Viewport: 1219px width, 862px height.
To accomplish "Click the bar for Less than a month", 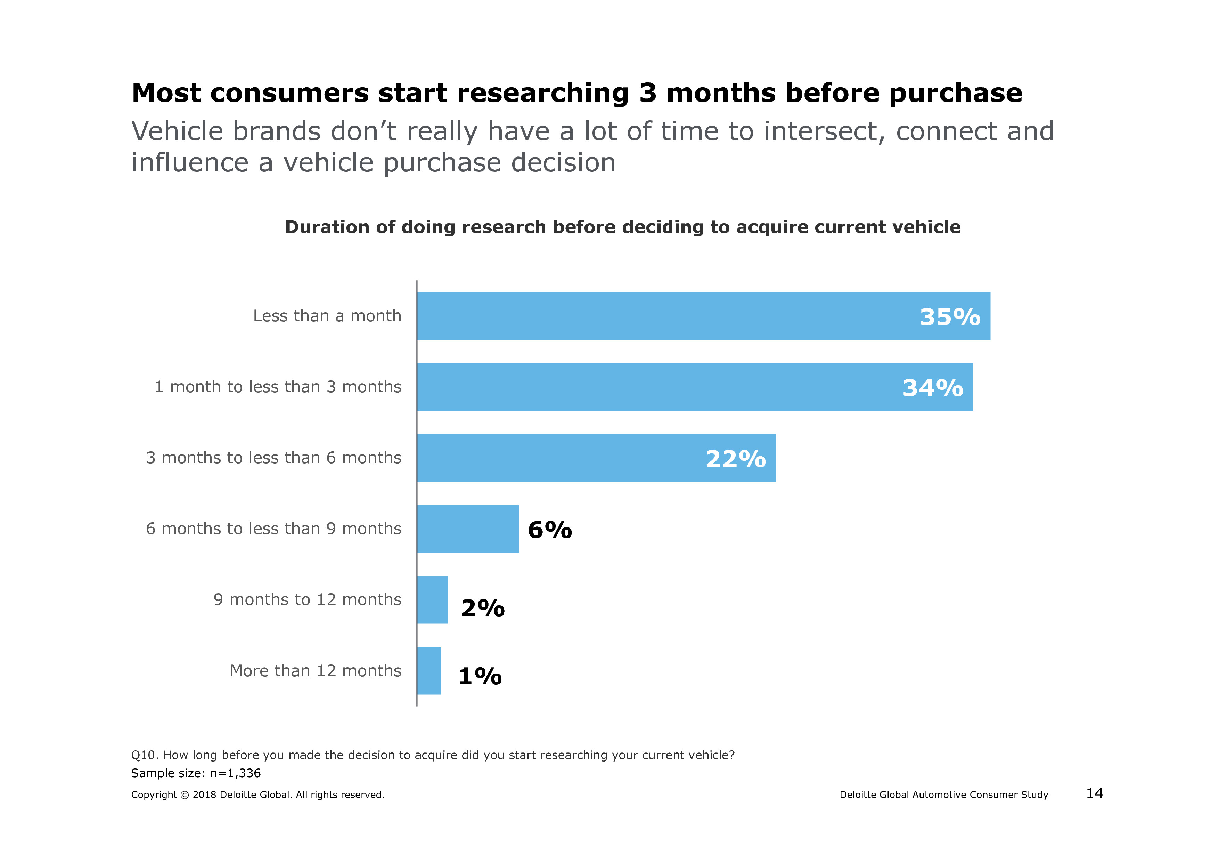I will [x=703, y=316].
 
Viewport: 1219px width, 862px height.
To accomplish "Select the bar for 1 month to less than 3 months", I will [x=694, y=387].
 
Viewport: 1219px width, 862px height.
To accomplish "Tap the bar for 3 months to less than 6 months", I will [x=596, y=458].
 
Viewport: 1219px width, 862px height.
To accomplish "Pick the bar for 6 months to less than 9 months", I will [x=468, y=529].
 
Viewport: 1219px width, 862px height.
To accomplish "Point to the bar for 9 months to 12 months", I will [x=432, y=599].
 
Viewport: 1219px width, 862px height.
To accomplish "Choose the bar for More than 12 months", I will [x=429, y=671].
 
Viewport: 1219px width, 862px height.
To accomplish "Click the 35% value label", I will [x=949, y=317].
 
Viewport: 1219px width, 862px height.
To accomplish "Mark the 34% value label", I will [x=932, y=388].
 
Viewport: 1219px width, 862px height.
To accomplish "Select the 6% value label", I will [x=549, y=530].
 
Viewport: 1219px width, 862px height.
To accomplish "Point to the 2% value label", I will [x=483, y=608].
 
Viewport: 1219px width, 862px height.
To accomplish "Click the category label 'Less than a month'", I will [x=327, y=316].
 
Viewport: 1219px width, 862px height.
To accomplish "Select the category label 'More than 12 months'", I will [x=316, y=671].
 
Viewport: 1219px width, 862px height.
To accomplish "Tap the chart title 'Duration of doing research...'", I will [x=622, y=227].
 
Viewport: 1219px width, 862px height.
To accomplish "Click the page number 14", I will [x=1094, y=793].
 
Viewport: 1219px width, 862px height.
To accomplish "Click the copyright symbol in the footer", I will [x=184, y=795].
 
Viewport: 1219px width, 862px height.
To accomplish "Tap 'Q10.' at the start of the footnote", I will [x=145, y=755].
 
